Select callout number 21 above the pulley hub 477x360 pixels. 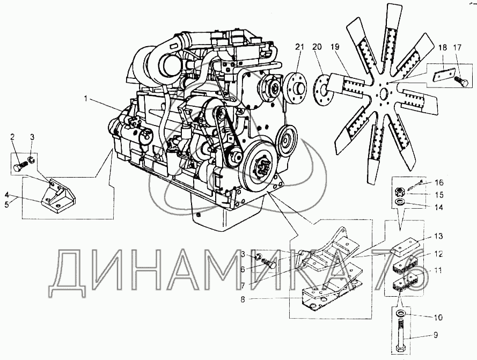click(299, 47)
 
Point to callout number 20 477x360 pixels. click(317, 47)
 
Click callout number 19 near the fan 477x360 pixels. click(335, 47)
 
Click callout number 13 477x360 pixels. click(438, 237)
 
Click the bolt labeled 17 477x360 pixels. click(459, 82)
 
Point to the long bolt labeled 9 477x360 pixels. click(401, 333)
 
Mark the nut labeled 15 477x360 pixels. click(400, 191)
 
